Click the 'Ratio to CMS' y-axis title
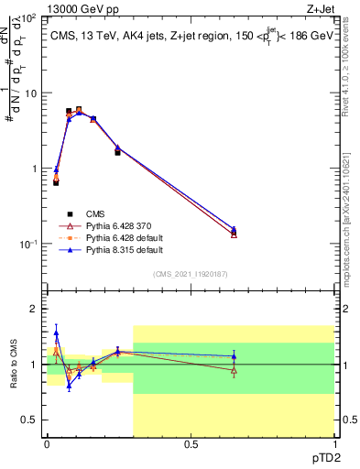(12, 377)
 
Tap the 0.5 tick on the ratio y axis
(29, 420)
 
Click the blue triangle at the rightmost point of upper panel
(234, 230)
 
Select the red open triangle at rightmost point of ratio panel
(234, 370)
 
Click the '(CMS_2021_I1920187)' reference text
(191, 273)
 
